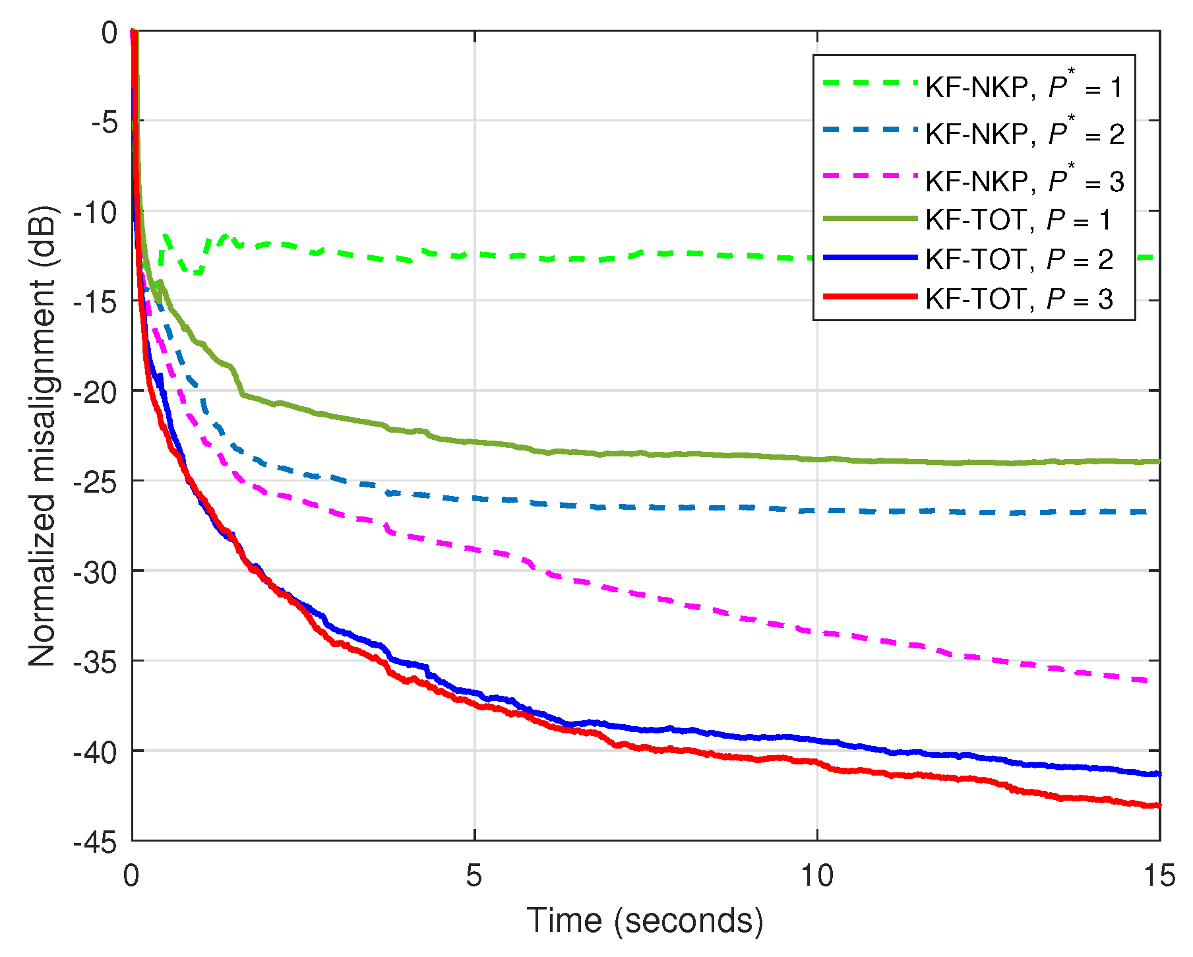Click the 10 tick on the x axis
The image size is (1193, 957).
click(x=816, y=876)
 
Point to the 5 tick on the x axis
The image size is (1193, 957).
click(x=474, y=876)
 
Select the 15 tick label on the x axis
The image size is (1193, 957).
click(x=1159, y=876)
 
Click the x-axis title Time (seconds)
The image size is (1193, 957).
click(x=645, y=921)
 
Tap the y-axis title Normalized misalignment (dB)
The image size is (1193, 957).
click(x=42, y=435)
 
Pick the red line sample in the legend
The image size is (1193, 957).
click(x=870, y=297)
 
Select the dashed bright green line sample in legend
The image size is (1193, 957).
click(x=870, y=83)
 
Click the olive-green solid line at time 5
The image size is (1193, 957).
click(x=475, y=442)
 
